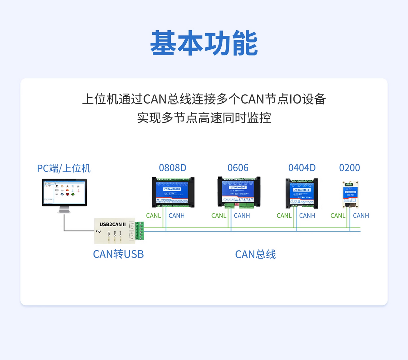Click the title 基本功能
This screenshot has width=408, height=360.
coord(204,43)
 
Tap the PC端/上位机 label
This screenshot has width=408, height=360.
coord(64,168)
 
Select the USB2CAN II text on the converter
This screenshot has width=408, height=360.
coord(113,224)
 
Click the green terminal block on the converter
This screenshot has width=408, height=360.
coord(139,231)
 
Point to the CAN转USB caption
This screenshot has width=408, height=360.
coord(118,254)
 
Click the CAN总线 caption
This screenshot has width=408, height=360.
coord(255,254)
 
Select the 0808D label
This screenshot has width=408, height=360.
coord(173,168)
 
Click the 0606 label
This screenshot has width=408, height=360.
coord(238,168)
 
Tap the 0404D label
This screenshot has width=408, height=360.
coord(302,168)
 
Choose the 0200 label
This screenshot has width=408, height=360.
coord(350,168)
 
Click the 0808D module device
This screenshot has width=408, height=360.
coord(173,192)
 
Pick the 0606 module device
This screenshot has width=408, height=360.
coord(239,192)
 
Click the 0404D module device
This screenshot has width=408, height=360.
coord(302,193)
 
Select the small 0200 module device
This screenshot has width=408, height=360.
coord(350,195)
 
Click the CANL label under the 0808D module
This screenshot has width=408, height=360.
coord(153,216)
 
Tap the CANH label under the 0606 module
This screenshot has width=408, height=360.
coord(242,216)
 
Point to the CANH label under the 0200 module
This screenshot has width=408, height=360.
coord(361,216)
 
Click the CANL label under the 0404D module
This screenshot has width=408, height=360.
coord(284,216)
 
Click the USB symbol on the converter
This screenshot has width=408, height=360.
coord(99,231)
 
